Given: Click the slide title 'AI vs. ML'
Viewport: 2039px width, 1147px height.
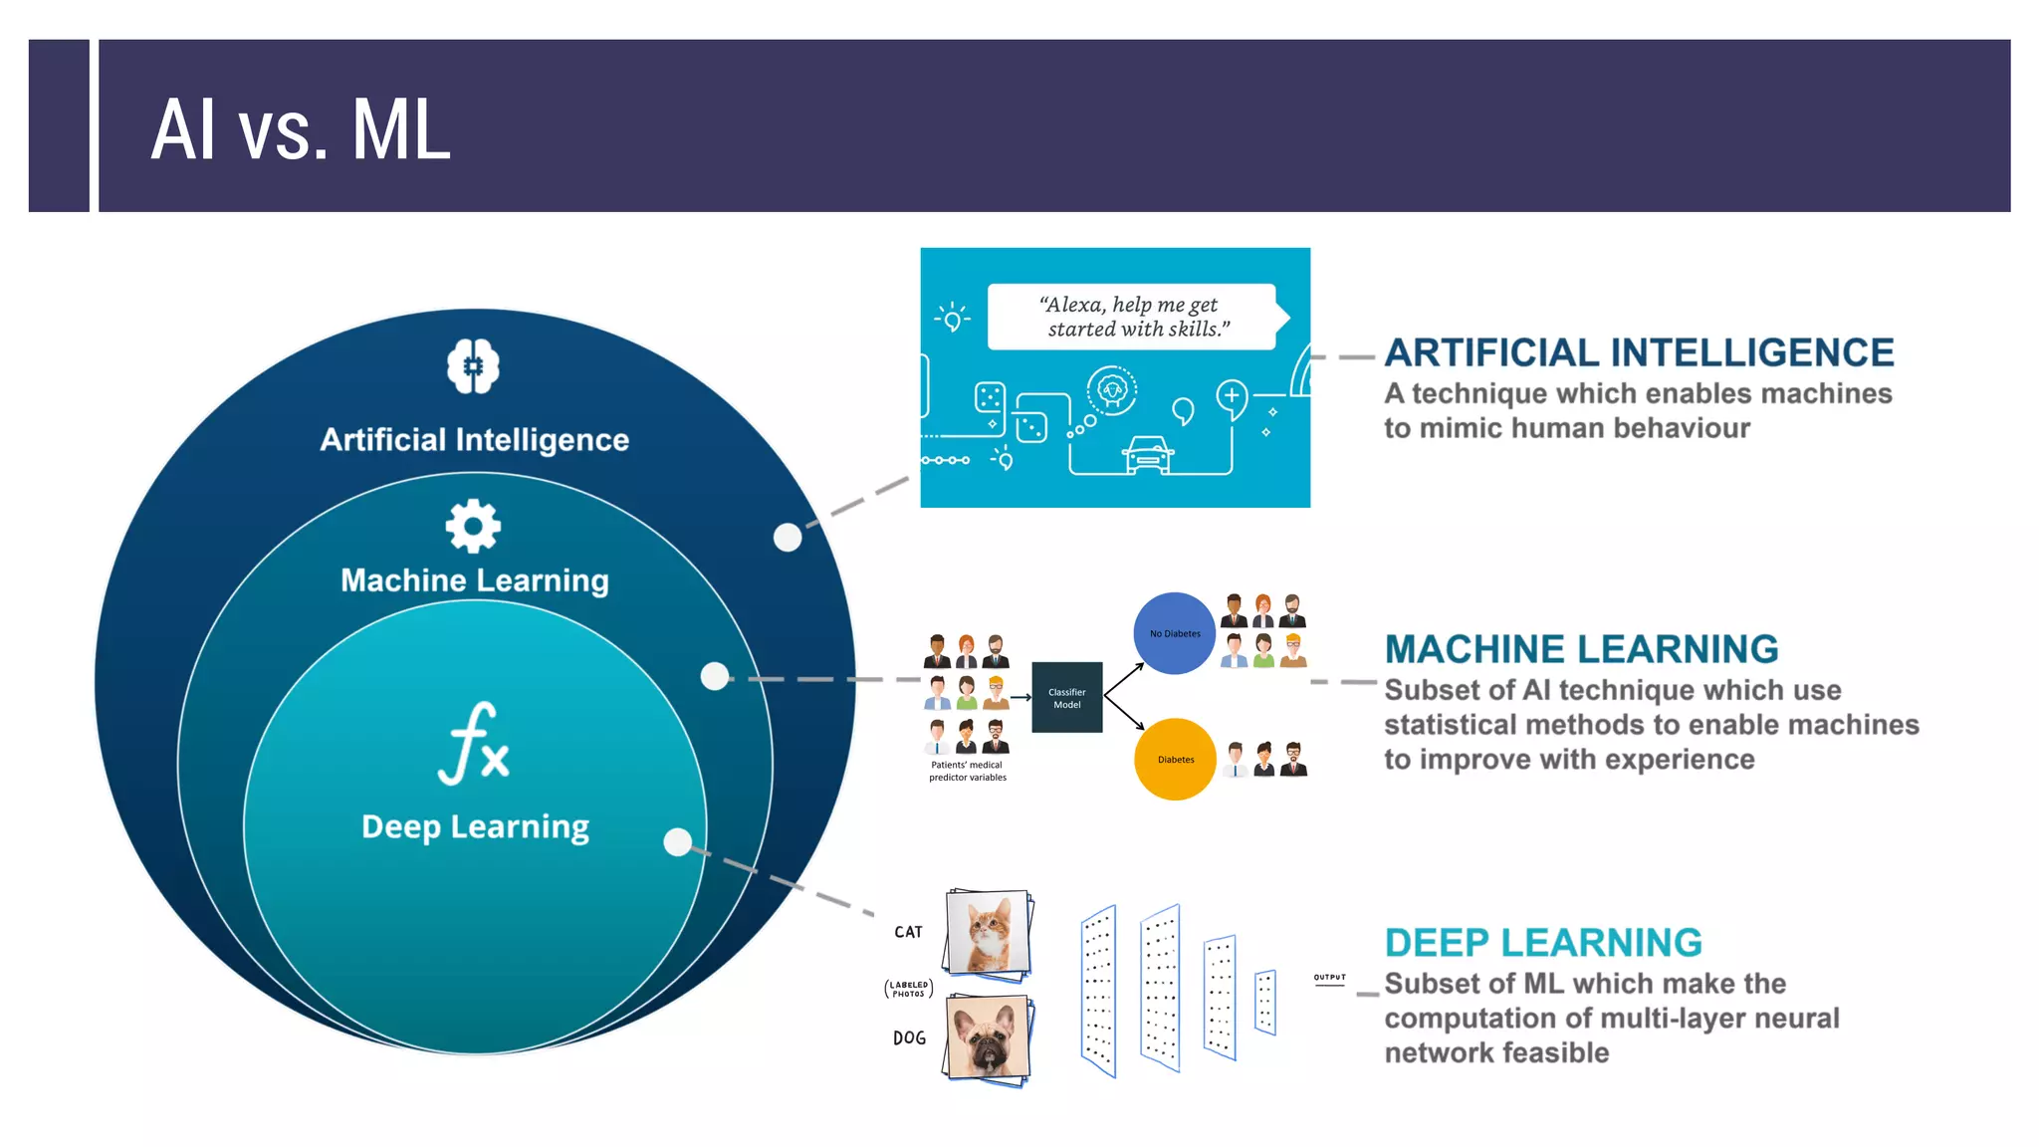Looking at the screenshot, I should click(301, 129).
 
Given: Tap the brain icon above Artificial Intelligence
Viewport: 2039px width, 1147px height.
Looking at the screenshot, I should click(473, 366).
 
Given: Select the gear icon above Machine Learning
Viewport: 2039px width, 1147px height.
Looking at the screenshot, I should click(473, 526).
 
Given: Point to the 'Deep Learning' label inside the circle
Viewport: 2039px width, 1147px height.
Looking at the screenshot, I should click(475, 826).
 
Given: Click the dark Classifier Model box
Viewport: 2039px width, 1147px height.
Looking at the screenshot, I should click(1066, 697).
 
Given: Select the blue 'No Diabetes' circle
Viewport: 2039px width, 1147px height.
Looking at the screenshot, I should click(1175, 633).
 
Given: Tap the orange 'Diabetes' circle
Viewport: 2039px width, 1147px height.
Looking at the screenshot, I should click(1175, 759).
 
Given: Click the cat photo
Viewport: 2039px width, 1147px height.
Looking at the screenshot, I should click(988, 932).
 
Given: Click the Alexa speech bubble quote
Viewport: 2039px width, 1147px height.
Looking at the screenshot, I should click(1132, 317).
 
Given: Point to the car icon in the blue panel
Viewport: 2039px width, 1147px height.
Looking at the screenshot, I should click(1148, 454).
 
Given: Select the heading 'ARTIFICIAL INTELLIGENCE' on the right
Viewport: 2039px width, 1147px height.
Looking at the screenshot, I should click(1639, 352).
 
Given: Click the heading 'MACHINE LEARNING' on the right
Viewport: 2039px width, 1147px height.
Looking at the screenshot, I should click(1581, 649).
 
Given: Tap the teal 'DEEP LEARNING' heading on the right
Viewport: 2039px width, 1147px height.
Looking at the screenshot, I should click(1543, 942).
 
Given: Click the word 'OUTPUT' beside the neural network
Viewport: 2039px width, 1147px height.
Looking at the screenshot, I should click(1329, 978).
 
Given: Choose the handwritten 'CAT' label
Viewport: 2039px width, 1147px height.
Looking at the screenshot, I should click(908, 932).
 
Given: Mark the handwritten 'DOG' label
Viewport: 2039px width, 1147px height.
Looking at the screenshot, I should click(909, 1037).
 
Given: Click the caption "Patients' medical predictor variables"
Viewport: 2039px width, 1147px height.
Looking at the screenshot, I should click(967, 771).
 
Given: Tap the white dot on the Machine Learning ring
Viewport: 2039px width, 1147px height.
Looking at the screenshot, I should click(715, 677).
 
